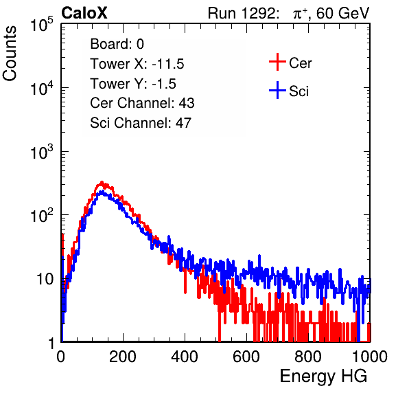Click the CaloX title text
tap(84, 13)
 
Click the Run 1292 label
tap(242, 13)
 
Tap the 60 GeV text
tap(342, 13)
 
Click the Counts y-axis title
tap(10, 53)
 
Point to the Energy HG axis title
tap(323, 377)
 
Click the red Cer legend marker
tap(277, 62)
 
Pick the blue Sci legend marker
tap(277, 90)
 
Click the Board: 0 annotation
tap(117, 44)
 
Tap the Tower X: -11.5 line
tap(137, 64)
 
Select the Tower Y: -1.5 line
tap(133, 84)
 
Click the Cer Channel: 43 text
tap(142, 103)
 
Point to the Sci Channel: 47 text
tap(141, 123)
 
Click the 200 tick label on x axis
tap(123, 357)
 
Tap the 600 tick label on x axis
tap(246, 357)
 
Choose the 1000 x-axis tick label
tap(370, 357)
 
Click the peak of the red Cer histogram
tap(102, 182)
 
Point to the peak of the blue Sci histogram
tap(102, 192)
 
